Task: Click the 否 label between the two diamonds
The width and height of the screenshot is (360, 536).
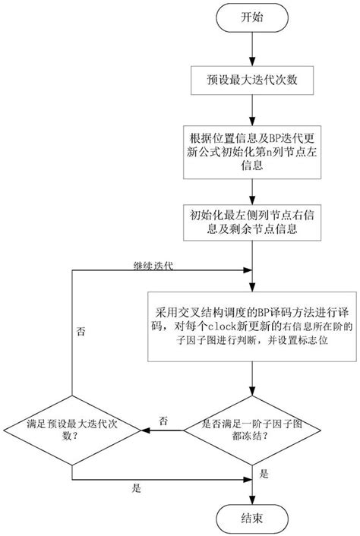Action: click(x=163, y=419)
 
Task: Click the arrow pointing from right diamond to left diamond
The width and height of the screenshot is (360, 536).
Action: click(x=163, y=430)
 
